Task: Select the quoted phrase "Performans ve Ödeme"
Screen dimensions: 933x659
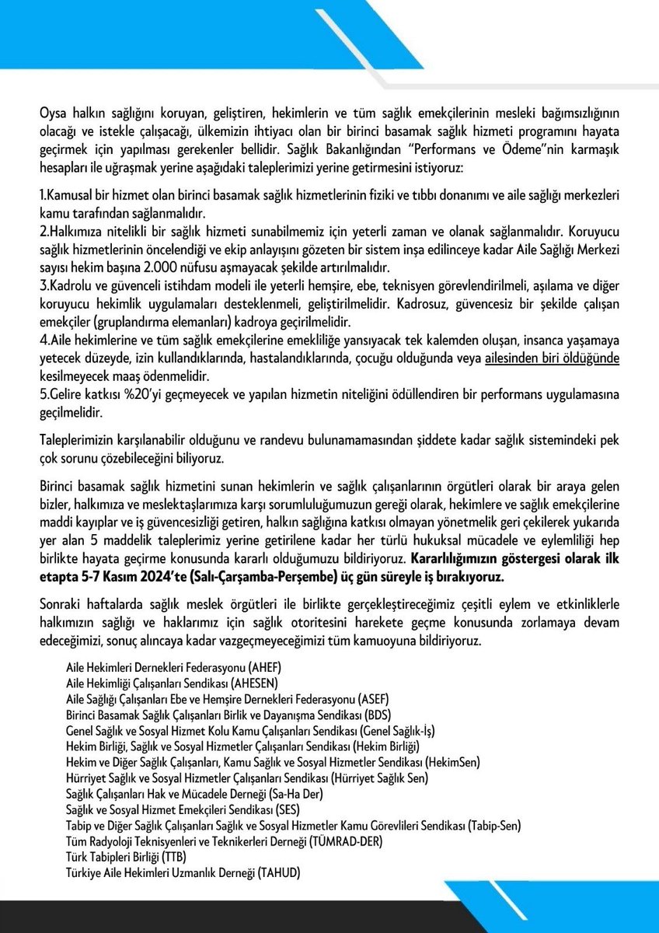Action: [x=330, y=149]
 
